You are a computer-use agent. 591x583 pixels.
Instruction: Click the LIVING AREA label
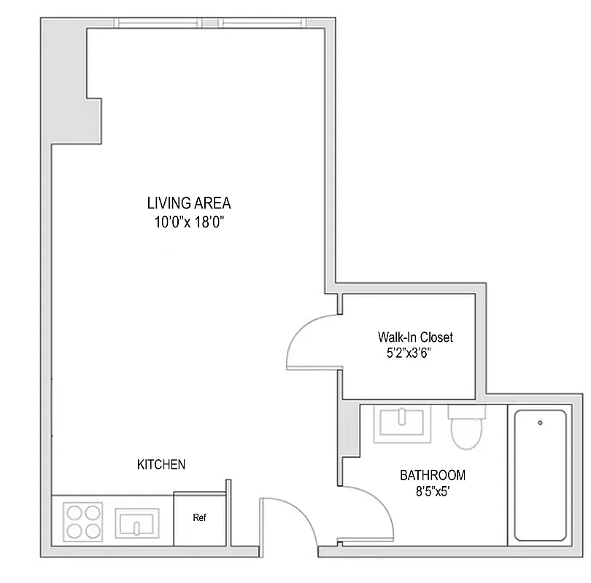point(188,203)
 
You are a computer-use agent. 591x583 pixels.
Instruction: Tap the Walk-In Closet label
point(415,337)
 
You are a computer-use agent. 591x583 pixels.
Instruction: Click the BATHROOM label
point(432,476)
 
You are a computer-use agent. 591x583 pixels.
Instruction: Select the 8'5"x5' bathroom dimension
point(433,493)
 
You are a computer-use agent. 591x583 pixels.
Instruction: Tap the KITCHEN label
point(161,464)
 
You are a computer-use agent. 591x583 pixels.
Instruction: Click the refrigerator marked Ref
point(199,519)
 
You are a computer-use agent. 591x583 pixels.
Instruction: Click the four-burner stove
point(82,521)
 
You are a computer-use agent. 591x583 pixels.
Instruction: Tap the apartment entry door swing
point(287,520)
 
